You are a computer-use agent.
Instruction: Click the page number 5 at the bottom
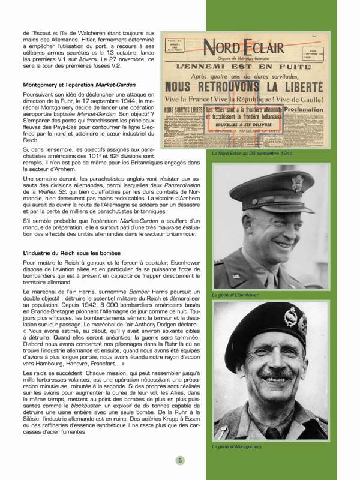[179, 460]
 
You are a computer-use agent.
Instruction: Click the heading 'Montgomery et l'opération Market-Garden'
[79, 85]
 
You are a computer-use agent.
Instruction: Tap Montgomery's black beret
[264, 327]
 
